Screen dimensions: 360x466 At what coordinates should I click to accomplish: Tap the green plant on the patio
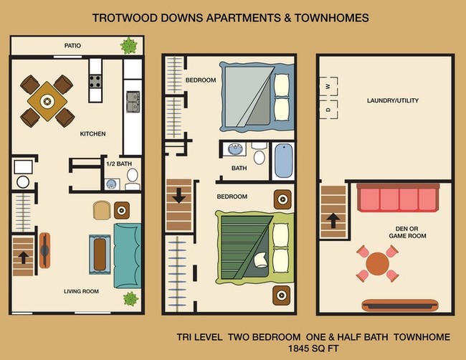click(x=129, y=47)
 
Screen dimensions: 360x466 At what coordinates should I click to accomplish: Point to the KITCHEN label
click(x=93, y=134)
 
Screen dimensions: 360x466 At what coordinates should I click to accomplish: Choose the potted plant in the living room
click(x=130, y=298)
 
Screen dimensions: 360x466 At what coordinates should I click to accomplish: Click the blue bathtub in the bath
click(x=283, y=161)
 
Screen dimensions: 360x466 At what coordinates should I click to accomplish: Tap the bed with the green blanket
click(x=255, y=244)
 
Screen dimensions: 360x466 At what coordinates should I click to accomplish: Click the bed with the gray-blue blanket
click(x=257, y=95)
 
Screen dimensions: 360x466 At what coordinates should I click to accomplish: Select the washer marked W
click(x=328, y=87)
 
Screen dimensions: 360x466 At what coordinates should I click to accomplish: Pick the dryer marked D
click(x=328, y=110)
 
